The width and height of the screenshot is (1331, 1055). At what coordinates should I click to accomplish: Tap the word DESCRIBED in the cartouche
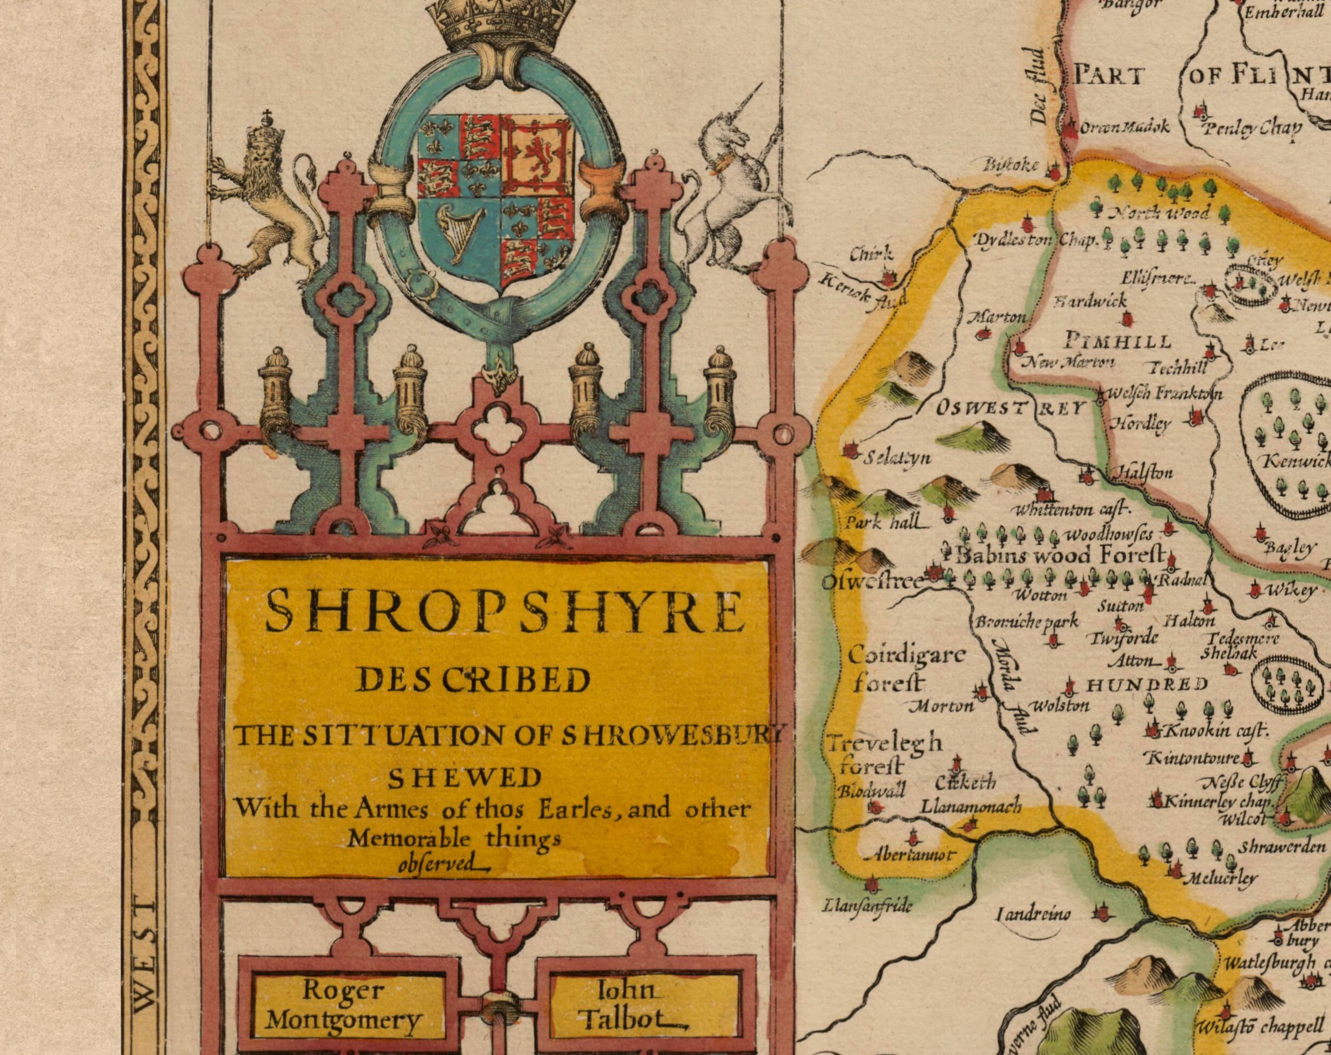coord(474,681)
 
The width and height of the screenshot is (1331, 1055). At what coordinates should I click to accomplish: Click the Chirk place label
coord(871,254)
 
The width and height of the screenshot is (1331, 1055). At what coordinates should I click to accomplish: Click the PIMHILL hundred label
coord(1118,341)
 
